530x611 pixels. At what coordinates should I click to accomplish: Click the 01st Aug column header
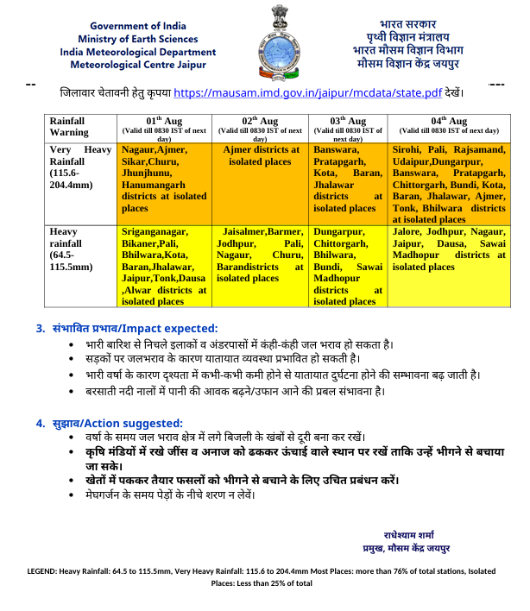coord(163,126)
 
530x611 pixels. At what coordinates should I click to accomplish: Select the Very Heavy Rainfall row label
coord(79,167)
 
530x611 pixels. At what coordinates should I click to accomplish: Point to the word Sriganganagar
coord(158,232)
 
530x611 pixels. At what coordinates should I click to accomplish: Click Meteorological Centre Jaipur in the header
coord(134,64)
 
